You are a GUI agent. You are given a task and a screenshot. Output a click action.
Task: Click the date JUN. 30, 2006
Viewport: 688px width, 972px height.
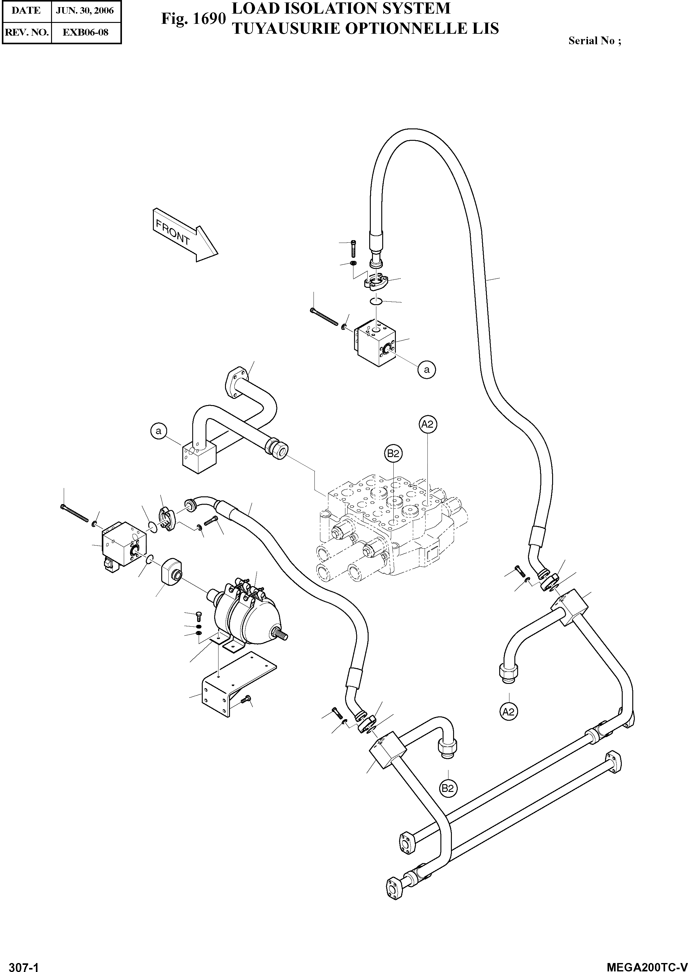pos(85,11)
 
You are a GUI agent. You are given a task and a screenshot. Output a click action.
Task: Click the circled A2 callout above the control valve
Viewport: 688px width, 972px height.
pos(428,424)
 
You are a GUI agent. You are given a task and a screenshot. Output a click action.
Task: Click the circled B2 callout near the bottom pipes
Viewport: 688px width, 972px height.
pos(448,788)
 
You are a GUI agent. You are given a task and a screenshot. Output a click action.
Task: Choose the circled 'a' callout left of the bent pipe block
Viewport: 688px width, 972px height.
pos(159,431)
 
